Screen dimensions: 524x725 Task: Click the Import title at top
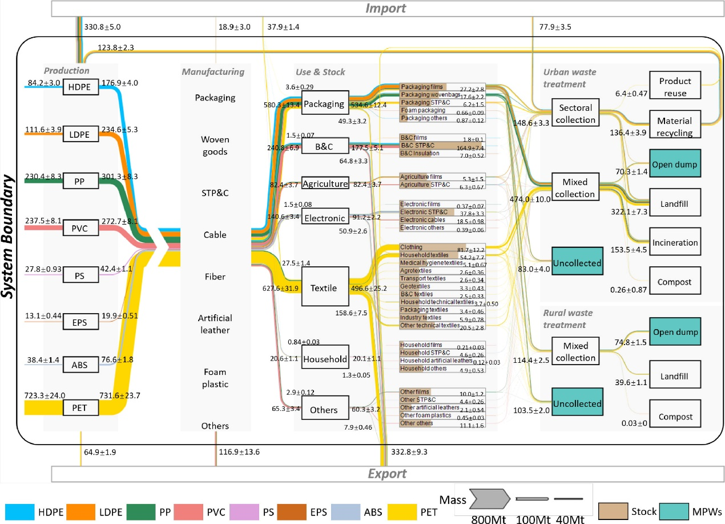pos(385,8)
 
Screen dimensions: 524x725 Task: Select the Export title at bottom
pos(385,474)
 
